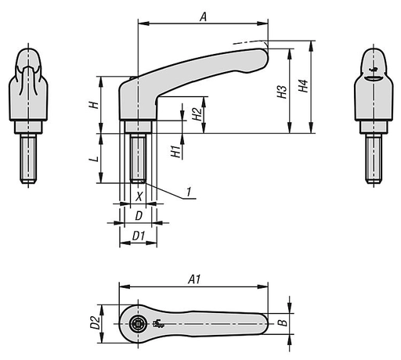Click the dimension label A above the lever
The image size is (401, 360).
pos(203,15)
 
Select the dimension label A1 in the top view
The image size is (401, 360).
pos(194,278)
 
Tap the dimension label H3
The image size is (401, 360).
pos(281,92)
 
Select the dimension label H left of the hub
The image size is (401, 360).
pos(92,104)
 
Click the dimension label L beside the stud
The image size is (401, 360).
pos(92,159)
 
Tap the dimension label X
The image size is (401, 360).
pos(139,196)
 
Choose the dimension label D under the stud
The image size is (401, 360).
pos(138,214)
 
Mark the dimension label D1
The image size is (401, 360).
pos(138,235)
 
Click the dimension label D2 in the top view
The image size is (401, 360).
pos(93,322)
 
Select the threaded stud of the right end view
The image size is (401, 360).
pos(374,160)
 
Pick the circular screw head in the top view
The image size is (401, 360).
pos(138,324)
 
